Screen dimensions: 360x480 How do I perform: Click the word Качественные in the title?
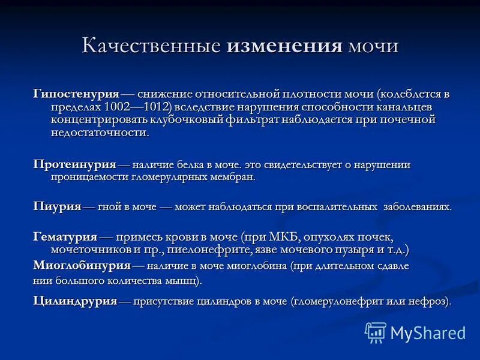click(152, 47)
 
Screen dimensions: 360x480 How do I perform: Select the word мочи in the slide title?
click(373, 47)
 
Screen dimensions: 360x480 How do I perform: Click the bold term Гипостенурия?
click(76, 94)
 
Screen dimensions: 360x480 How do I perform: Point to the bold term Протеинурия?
click(74, 165)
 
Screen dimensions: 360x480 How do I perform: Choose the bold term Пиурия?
click(57, 206)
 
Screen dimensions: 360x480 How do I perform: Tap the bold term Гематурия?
click(65, 237)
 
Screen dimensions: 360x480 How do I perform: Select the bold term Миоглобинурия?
click(82, 265)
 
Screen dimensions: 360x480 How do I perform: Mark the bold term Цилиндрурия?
click(75, 301)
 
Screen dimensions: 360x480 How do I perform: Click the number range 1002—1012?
click(137, 107)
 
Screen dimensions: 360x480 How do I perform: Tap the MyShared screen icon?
click(376, 332)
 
